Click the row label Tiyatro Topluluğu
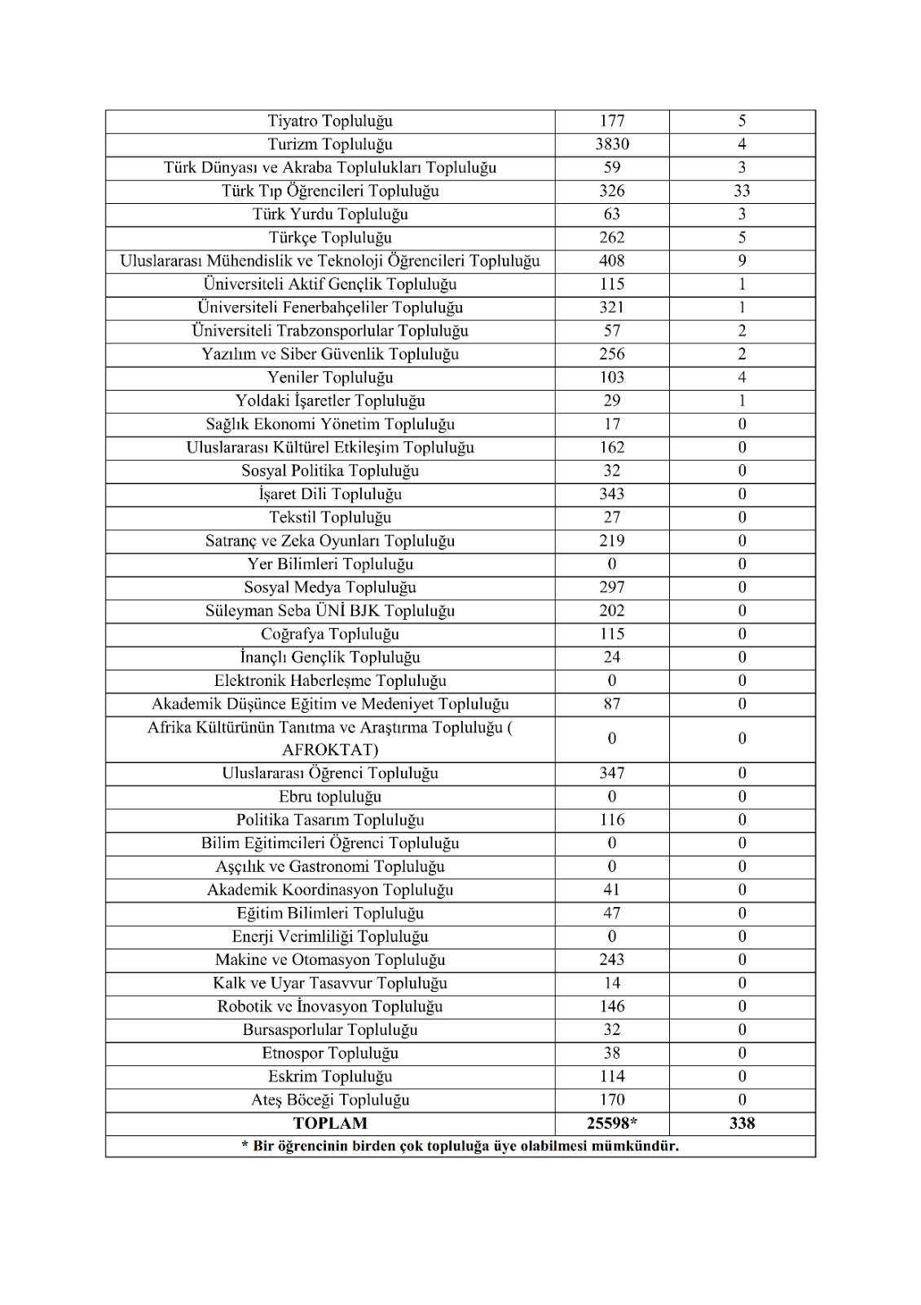click(330, 122)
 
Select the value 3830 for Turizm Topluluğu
click(612, 144)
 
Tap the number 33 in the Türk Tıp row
click(742, 191)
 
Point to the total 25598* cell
click(612, 1123)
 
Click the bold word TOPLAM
click(330, 1123)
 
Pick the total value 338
click(742, 1123)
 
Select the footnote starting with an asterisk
click(460, 1146)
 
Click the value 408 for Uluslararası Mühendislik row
click(612, 261)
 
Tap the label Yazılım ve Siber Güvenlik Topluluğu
click(330, 354)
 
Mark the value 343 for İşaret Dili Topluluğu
click(612, 494)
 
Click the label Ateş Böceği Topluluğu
click(330, 1099)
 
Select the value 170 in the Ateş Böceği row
click(612, 1099)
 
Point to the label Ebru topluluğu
click(330, 797)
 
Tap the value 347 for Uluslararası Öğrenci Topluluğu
click(612, 773)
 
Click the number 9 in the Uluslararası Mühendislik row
click(742, 261)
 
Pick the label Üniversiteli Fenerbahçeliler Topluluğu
click(330, 307)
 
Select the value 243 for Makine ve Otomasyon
click(612, 960)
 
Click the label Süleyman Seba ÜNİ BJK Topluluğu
click(330, 611)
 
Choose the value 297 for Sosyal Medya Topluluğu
click(612, 587)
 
